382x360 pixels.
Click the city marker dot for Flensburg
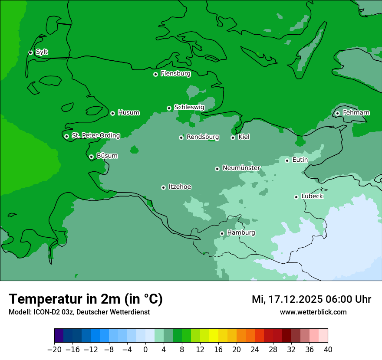click(x=155, y=74)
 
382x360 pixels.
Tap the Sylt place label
click(x=42, y=52)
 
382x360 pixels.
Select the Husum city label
click(x=128, y=113)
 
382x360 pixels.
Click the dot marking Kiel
click(x=233, y=137)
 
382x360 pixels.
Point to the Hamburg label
click(x=241, y=232)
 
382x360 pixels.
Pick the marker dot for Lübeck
click(x=296, y=197)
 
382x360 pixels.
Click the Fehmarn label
click(x=356, y=113)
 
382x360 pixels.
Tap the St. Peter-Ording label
click(x=95, y=135)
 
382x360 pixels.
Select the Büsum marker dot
click(x=91, y=157)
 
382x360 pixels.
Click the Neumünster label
click(x=241, y=168)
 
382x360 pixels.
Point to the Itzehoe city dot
click(x=163, y=187)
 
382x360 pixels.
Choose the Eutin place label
click(x=300, y=160)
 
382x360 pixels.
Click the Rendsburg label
click(x=202, y=137)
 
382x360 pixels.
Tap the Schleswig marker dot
click(x=169, y=108)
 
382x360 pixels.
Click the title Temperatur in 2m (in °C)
click(x=86, y=299)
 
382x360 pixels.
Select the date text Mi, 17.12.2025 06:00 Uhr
click(x=311, y=299)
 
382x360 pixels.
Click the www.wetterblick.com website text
click(x=313, y=312)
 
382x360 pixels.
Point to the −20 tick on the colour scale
click(x=54, y=349)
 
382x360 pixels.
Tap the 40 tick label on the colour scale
click(x=328, y=349)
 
